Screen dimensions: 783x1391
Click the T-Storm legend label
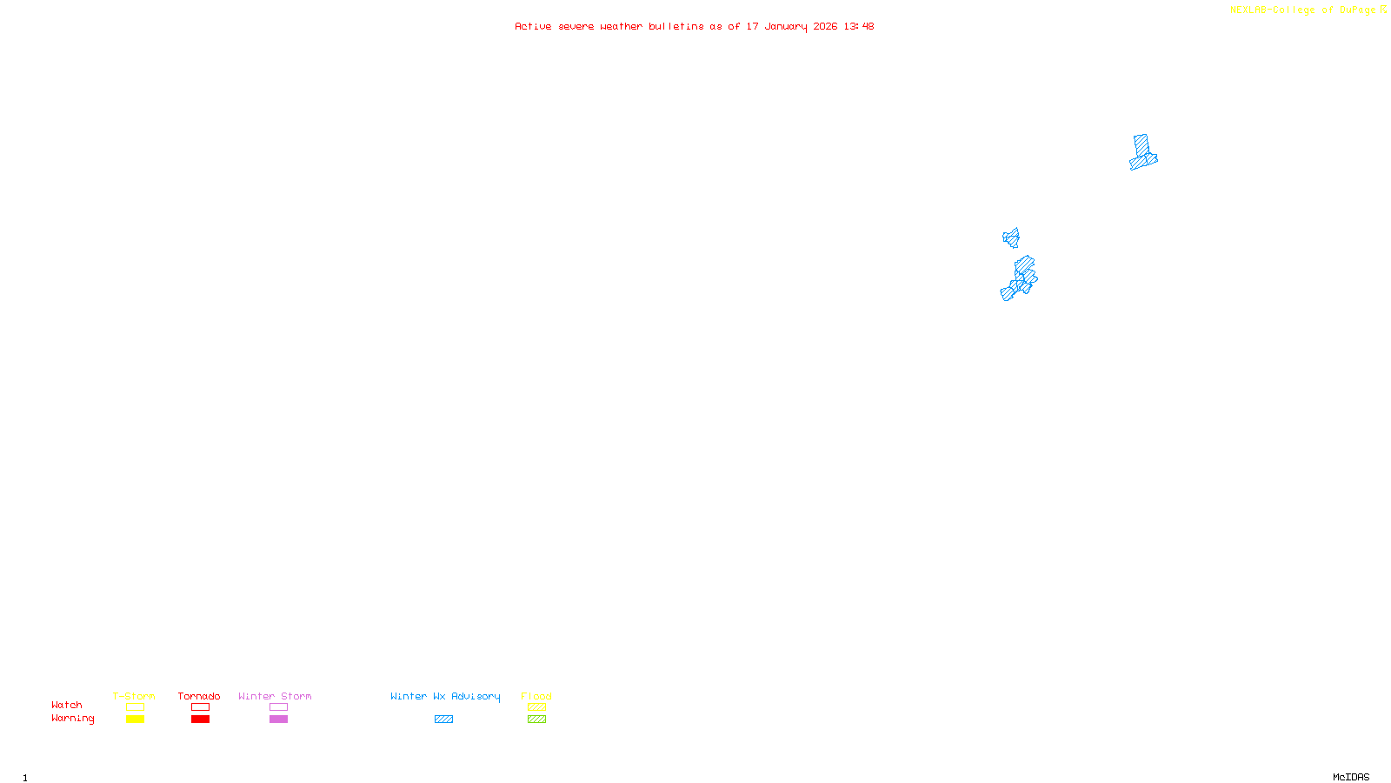pos(134,696)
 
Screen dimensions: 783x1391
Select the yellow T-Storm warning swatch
pos(135,719)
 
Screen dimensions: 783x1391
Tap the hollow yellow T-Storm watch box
pos(135,707)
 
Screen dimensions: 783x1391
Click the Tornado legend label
pos(199,696)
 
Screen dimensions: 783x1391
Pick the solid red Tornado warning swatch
pos(200,719)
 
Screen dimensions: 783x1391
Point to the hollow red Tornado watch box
pos(200,707)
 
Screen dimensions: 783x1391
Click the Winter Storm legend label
pos(275,696)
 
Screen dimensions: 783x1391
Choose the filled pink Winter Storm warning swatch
pos(278,719)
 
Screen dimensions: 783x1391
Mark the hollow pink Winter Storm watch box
pos(278,707)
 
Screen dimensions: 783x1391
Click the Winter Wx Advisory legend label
pos(445,696)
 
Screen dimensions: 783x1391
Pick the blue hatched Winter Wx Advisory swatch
pos(443,719)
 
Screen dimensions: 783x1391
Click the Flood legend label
pos(536,696)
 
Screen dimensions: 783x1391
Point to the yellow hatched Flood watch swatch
pos(536,707)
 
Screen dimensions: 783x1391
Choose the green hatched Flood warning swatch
pos(536,719)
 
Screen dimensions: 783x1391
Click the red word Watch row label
pos(67,705)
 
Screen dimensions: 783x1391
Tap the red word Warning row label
pos(73,719)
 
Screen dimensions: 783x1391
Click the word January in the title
pos(786,27)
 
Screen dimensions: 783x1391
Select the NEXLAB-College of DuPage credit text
pos(1303,10)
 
